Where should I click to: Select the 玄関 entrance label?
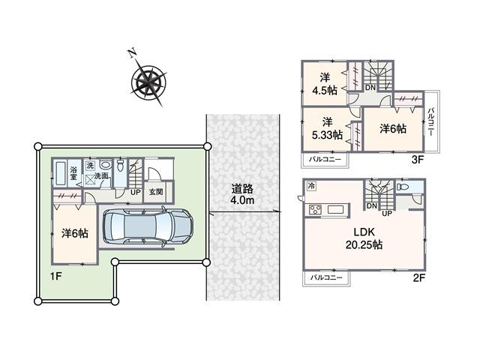[156, 191]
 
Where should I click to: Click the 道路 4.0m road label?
[242, 195]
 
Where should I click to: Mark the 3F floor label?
[418, 160]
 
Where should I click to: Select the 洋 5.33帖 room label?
[328, 128]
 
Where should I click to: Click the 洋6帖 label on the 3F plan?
[392, 128]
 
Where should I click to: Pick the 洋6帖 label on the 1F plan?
[75, 233]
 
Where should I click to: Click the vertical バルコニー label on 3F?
[432, 122]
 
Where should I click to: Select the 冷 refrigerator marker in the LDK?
[310, 185]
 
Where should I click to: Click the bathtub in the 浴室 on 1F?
[61, 180]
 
